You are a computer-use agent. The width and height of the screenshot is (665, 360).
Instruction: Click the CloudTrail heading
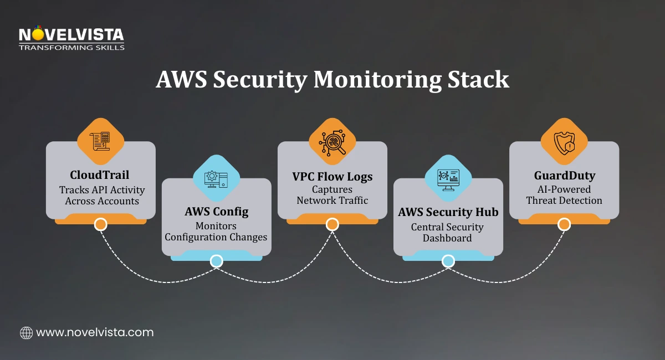click(100, 176)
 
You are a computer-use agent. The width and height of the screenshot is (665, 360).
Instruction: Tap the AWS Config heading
click(216, 212)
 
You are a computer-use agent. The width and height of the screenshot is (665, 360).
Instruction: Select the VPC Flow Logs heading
click(332, 177)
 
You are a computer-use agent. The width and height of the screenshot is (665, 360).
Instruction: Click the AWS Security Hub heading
click(448, 212)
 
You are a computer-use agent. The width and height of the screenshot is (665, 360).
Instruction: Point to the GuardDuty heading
click(564, 176)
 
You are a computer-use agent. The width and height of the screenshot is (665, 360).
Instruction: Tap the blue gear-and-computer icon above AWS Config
click(216, 178)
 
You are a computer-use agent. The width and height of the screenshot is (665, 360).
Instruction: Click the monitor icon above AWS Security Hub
click(448, 178)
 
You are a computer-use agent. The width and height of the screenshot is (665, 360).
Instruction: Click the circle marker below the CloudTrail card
click(100, 224)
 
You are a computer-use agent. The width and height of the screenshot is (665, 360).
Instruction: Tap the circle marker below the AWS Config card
click(216, 261)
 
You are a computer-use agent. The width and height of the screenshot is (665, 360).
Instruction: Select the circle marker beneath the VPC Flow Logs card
click(332, 224)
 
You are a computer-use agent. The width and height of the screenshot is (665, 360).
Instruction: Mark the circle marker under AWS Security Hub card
click(448, 261)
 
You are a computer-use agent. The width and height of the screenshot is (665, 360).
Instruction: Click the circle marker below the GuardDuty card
click(564, 224)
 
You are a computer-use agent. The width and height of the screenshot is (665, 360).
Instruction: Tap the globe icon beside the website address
click(26, 333)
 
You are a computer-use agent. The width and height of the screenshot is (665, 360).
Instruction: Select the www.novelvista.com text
click(95, 332)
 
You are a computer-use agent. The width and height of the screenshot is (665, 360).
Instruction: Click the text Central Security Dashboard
click(448, 233)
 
